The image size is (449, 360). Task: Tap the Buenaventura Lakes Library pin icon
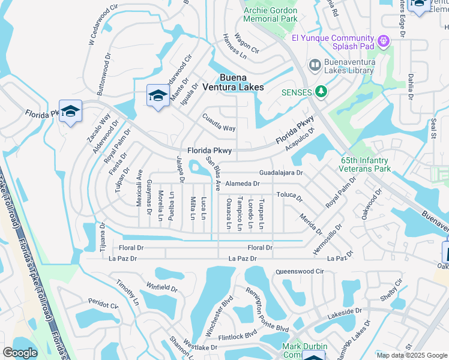point(315,65)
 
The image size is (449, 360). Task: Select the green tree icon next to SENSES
point(322,92)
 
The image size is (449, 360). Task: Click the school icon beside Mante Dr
point(158,95)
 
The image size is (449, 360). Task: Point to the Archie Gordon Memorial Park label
point(271,15)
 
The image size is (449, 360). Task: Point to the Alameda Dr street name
point(243,184)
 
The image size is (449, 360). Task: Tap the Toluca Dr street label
point(289,196)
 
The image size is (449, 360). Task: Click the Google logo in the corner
point(20,353)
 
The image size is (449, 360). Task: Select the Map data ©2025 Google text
point(411,355)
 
